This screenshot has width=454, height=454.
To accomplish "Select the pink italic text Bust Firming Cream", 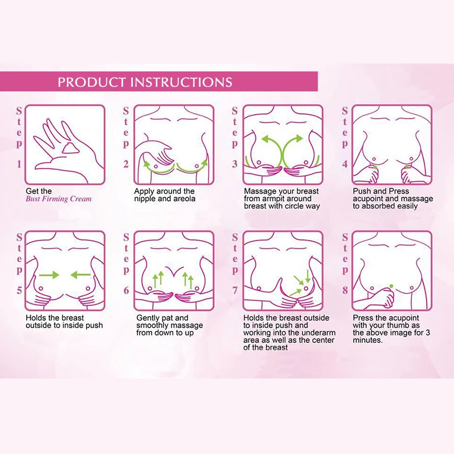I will (x=58, y=199).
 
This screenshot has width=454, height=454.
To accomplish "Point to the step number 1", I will (x=19, y=165).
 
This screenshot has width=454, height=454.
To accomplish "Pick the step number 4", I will (x=344, y=165).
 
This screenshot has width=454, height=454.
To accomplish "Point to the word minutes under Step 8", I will (x=368, y=340).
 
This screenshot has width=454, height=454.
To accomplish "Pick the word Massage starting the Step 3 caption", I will (x=259, y=192).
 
